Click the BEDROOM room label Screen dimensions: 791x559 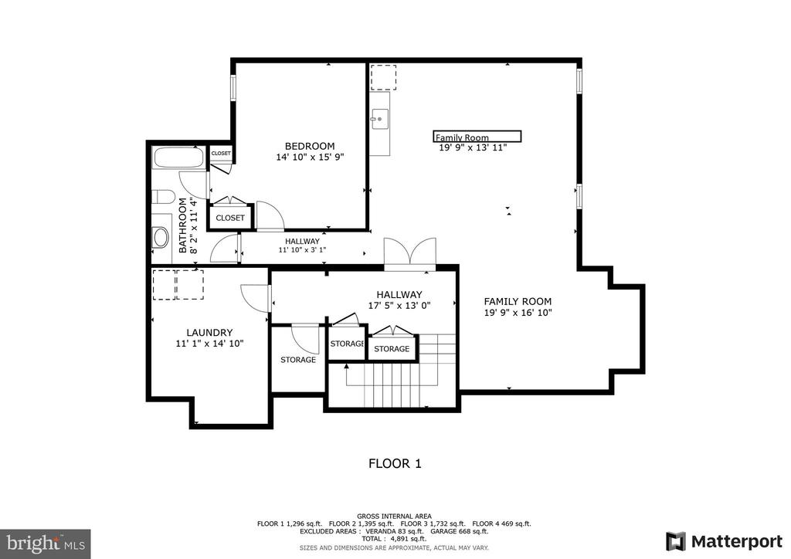coord(310,146)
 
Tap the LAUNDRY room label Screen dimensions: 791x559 coord(209,333)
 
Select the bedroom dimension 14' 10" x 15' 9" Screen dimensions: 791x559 coord(310,158)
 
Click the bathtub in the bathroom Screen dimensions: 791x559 coord(178,158)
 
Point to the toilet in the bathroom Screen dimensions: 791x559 coord(163,197)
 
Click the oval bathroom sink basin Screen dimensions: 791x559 coord(161,237)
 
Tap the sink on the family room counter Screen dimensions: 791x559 coord(379,120)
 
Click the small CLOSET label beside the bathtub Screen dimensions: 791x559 coord(221,153)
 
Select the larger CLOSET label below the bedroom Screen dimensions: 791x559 coord(230,218)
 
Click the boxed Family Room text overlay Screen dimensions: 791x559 coord(477,137)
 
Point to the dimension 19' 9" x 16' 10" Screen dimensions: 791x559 coord(518,313)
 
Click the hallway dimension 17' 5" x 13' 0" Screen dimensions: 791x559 coord(399,306)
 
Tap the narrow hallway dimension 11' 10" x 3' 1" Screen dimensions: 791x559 coord(302,249)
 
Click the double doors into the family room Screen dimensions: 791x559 coord(409,250)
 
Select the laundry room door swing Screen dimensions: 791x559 coord(255,298)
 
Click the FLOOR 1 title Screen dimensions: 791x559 coord(395,464)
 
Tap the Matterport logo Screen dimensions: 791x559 coord(724,541)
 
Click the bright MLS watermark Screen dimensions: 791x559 coord(46,544)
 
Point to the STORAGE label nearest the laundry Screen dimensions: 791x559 coord(298,360)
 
